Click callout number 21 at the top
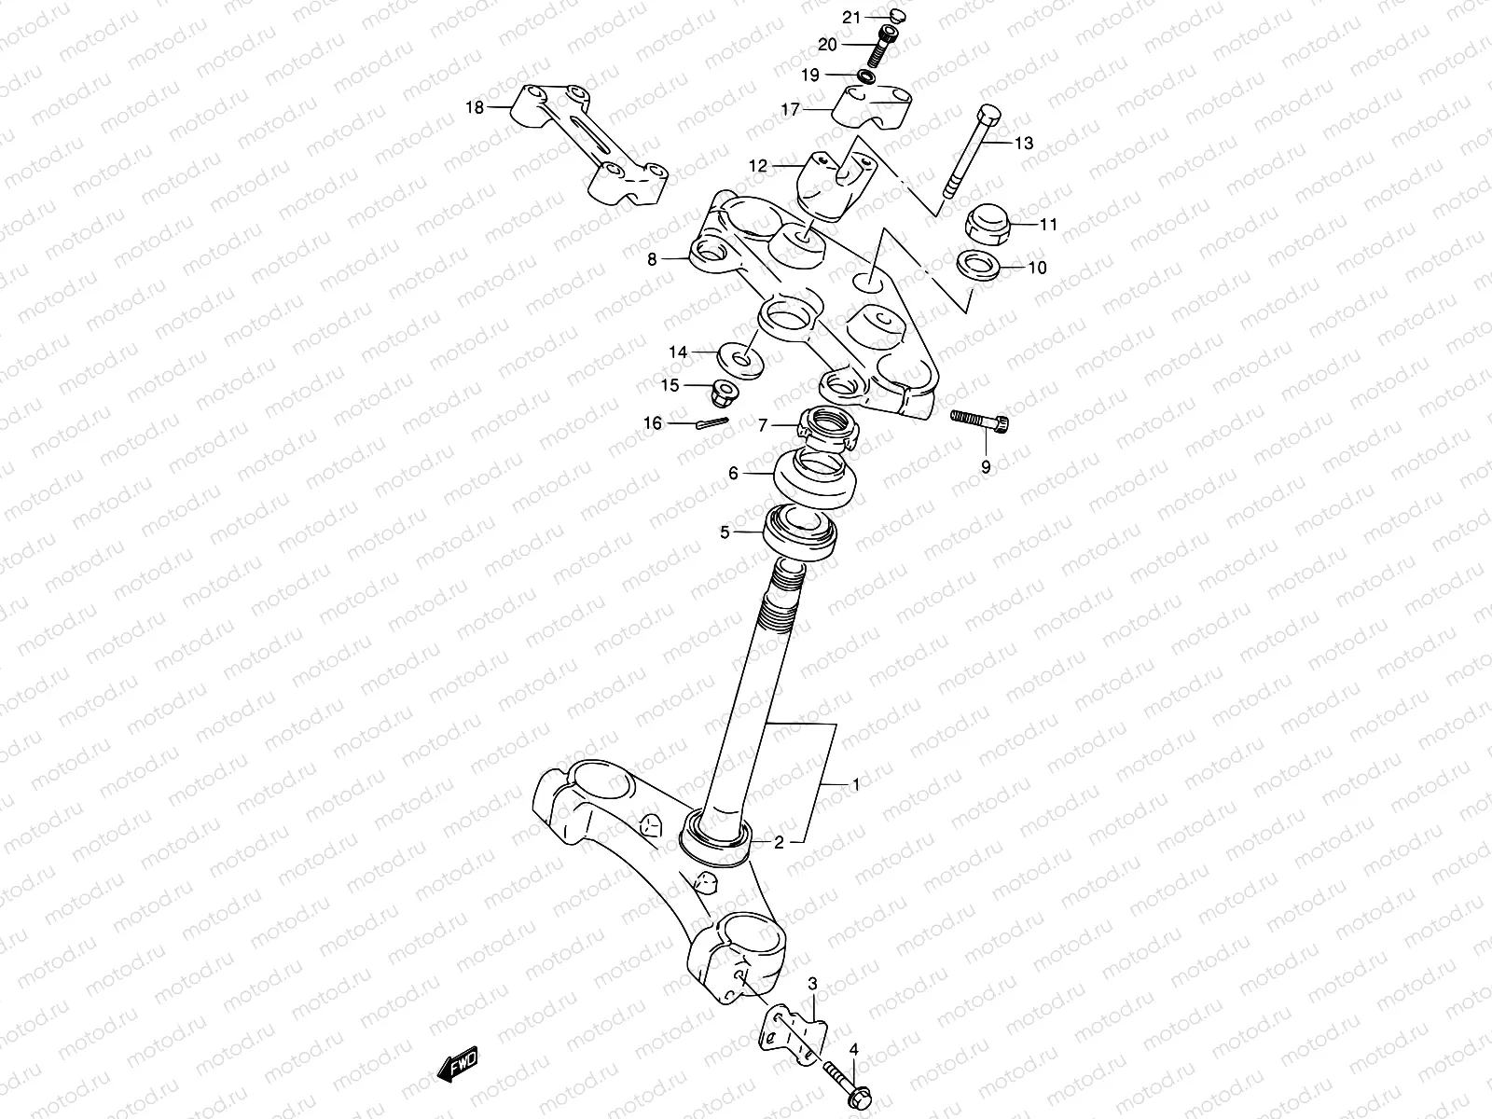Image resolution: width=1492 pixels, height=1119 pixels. point(850,18)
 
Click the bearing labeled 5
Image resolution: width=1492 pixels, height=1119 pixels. point(801,533)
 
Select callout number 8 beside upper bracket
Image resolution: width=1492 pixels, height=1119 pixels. point(652,260)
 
